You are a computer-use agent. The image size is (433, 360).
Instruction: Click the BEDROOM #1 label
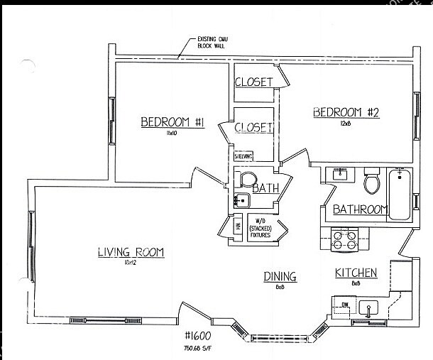click(172, 123)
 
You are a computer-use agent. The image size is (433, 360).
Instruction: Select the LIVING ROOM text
click(131, 252)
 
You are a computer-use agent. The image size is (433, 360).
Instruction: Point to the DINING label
click(280, 276)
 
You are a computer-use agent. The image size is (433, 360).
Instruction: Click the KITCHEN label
click(356, 273)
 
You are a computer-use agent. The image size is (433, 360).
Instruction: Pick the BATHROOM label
click(361, 209)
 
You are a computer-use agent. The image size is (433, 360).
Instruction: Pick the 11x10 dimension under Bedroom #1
click(170, 133)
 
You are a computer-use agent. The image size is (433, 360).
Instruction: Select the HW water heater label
click(238, 226)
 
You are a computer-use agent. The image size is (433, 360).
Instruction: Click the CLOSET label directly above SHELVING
click(253, 128)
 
